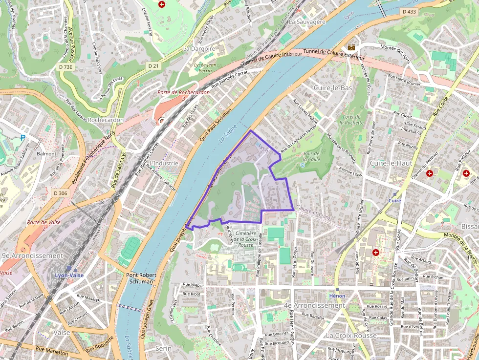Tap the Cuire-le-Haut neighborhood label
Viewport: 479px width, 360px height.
click(x=391, y=163)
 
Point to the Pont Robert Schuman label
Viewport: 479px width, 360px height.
click(x=140, y=278)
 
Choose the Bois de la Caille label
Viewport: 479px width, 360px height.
click(x=311, y=156)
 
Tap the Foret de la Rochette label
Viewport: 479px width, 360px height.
click(x=352, y=120)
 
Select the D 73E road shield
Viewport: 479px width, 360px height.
click(x=65, y=66)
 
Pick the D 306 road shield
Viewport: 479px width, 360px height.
click(x=60, y=193)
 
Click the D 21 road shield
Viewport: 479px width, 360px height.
click(x=153, y=65)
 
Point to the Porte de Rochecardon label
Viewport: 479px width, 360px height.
click(x=183, y=92)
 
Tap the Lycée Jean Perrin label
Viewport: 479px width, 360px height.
click(x=205, y=67)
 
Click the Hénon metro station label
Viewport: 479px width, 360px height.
click(x=337, y=296)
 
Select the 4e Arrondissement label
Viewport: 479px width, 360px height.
click(x=314, y=305)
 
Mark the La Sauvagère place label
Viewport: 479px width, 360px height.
click(x=307, y=22)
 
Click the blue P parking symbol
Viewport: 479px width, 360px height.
click(x=22, y=138)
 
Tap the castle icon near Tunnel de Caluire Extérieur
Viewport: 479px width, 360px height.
click(x=351, y=47)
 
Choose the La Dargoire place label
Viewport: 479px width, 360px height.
click(x=199, y=49)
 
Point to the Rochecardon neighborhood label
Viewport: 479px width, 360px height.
click(x=107, y=120)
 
